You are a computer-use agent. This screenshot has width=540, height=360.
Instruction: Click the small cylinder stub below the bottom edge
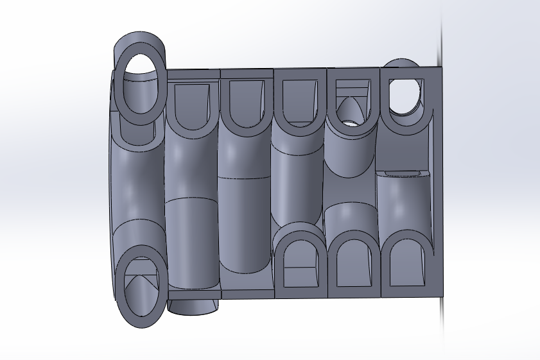coord(194,306)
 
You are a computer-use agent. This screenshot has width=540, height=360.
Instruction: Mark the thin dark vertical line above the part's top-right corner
coord(441,32)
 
